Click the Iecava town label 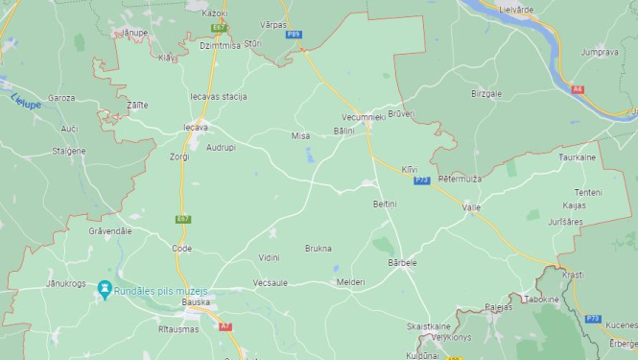[195, 127]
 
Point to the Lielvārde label [515, 10]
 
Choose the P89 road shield [294, 35]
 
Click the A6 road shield [577, 89]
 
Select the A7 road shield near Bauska [224, 326]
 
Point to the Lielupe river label [26, 101]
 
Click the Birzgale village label [486, 93]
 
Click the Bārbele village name [403, 262]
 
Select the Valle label [471, 207]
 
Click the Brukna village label [318, 248]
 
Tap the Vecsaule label [271, 282]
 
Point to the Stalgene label [69, 151]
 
